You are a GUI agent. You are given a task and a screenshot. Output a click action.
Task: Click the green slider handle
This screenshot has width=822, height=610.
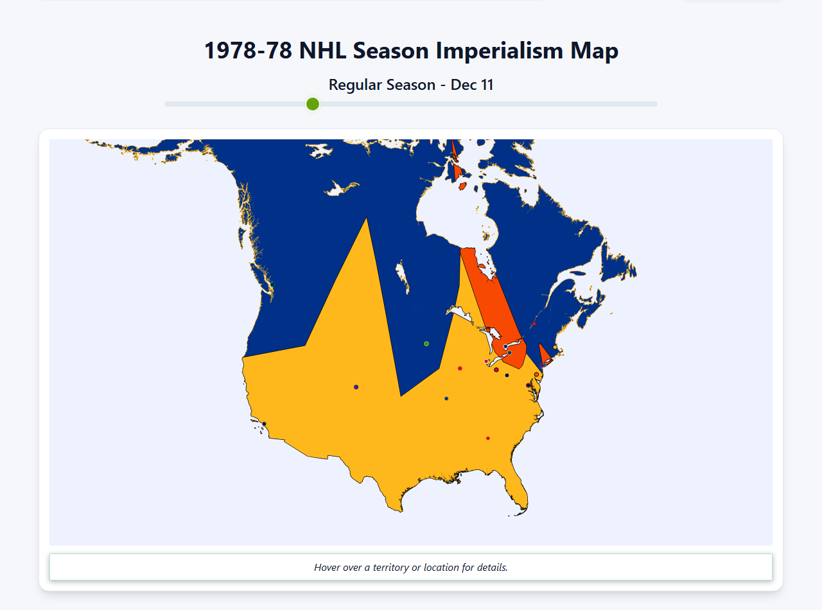point(313,104)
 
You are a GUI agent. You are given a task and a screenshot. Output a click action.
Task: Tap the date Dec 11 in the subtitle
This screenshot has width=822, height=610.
point(472,85)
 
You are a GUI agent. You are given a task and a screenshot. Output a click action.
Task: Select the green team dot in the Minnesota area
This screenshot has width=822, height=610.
point(426,344)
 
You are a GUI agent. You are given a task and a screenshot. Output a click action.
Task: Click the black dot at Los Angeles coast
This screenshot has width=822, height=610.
point(264,424)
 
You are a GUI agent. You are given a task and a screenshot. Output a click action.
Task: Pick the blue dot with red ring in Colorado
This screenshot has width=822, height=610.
point(356,387)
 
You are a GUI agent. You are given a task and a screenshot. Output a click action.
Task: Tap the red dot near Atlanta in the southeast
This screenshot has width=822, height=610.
point(488,438)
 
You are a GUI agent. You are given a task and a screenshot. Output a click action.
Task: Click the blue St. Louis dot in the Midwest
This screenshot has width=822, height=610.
point(446,398)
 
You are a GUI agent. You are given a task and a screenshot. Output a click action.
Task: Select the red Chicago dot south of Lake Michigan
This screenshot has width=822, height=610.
point(460,368)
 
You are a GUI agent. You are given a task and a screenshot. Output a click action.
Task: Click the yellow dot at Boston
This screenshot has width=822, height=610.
point(555,347)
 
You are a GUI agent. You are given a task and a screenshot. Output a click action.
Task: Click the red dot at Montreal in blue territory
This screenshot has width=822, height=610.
point(534,324)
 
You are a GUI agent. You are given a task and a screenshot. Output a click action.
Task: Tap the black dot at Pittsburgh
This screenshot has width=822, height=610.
point(507,375)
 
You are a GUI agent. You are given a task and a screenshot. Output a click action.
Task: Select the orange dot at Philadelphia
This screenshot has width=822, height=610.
point(536,374)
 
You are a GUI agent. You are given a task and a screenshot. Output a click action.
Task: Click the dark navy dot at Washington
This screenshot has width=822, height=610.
point(529,385)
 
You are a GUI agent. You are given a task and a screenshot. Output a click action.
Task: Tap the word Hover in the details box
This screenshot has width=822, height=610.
point(328,567)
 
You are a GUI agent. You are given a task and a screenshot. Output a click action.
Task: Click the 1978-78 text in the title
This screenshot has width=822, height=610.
point(249,51)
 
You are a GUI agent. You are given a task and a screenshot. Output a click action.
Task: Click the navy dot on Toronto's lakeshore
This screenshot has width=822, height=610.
point(505,347)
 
